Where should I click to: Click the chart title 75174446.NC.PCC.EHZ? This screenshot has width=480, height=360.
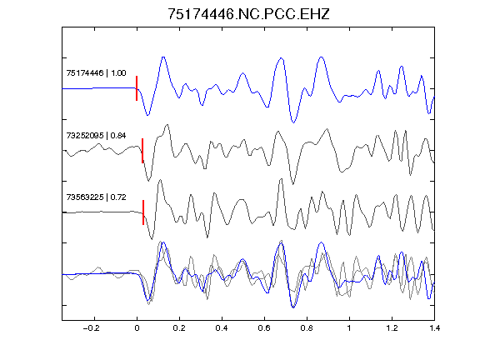(248, 14)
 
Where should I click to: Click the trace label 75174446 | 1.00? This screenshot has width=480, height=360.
(96, 73)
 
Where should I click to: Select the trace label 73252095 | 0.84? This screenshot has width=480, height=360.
(96, 136)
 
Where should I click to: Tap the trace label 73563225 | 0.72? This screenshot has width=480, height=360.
(96, 197)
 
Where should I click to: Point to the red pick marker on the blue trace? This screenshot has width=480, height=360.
(137, 88)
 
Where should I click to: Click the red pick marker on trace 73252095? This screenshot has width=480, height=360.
(142, 151)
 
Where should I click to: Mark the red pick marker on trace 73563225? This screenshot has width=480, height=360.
(143, 212)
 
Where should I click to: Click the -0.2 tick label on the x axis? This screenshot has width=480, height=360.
(92, 328)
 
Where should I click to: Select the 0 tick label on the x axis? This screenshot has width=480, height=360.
(137, 328)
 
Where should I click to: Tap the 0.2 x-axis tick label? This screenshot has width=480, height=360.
(179, 328)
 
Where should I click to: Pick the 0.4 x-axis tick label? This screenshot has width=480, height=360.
(222, 328)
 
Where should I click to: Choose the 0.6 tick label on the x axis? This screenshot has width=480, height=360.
(264, 328)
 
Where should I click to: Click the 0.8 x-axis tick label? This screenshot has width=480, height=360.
(307, 328)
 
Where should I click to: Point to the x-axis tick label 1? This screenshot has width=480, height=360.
(349, 328)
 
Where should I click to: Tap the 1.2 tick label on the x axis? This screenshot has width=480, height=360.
(392, 328)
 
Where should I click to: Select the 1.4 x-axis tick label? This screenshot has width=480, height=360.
(434, 328)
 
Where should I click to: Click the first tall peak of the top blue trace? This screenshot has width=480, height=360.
(163, 57)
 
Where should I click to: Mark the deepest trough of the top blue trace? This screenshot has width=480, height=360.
(293, 122)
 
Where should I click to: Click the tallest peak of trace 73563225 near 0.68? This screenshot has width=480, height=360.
(281, 179)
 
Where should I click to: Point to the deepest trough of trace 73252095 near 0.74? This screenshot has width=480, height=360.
(293, 183)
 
